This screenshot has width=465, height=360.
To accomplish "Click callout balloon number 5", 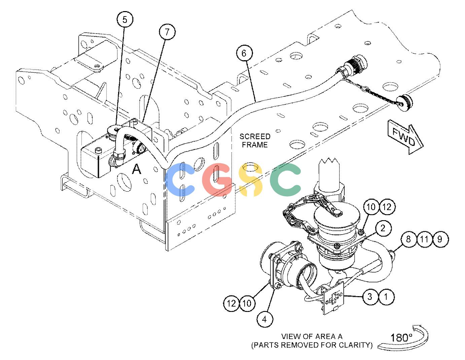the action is tap(125, 20).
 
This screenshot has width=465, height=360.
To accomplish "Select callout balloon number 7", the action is tap(167, 32).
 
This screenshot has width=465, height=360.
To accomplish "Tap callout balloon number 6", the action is tap(244, 53).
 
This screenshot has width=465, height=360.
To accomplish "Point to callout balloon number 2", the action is tap(383, 228).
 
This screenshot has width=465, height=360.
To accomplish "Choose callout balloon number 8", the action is tap(408, 239).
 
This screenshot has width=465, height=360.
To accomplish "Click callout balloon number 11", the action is tap(424, 239).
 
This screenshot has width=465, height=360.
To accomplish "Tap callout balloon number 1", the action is tap(386, 296).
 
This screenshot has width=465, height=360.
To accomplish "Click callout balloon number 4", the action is tap(265, 319).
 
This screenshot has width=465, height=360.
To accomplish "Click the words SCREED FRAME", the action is tap(255, 141).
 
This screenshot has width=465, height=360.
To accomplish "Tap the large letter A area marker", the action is tap(137, 169).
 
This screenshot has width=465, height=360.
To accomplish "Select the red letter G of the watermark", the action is tap(217, 179).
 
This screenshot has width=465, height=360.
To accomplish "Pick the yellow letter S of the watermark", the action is tap(251, 179).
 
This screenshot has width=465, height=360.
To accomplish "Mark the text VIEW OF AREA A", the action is tap(312, 336).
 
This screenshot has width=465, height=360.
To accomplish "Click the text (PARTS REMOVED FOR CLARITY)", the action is tap(312, 345).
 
